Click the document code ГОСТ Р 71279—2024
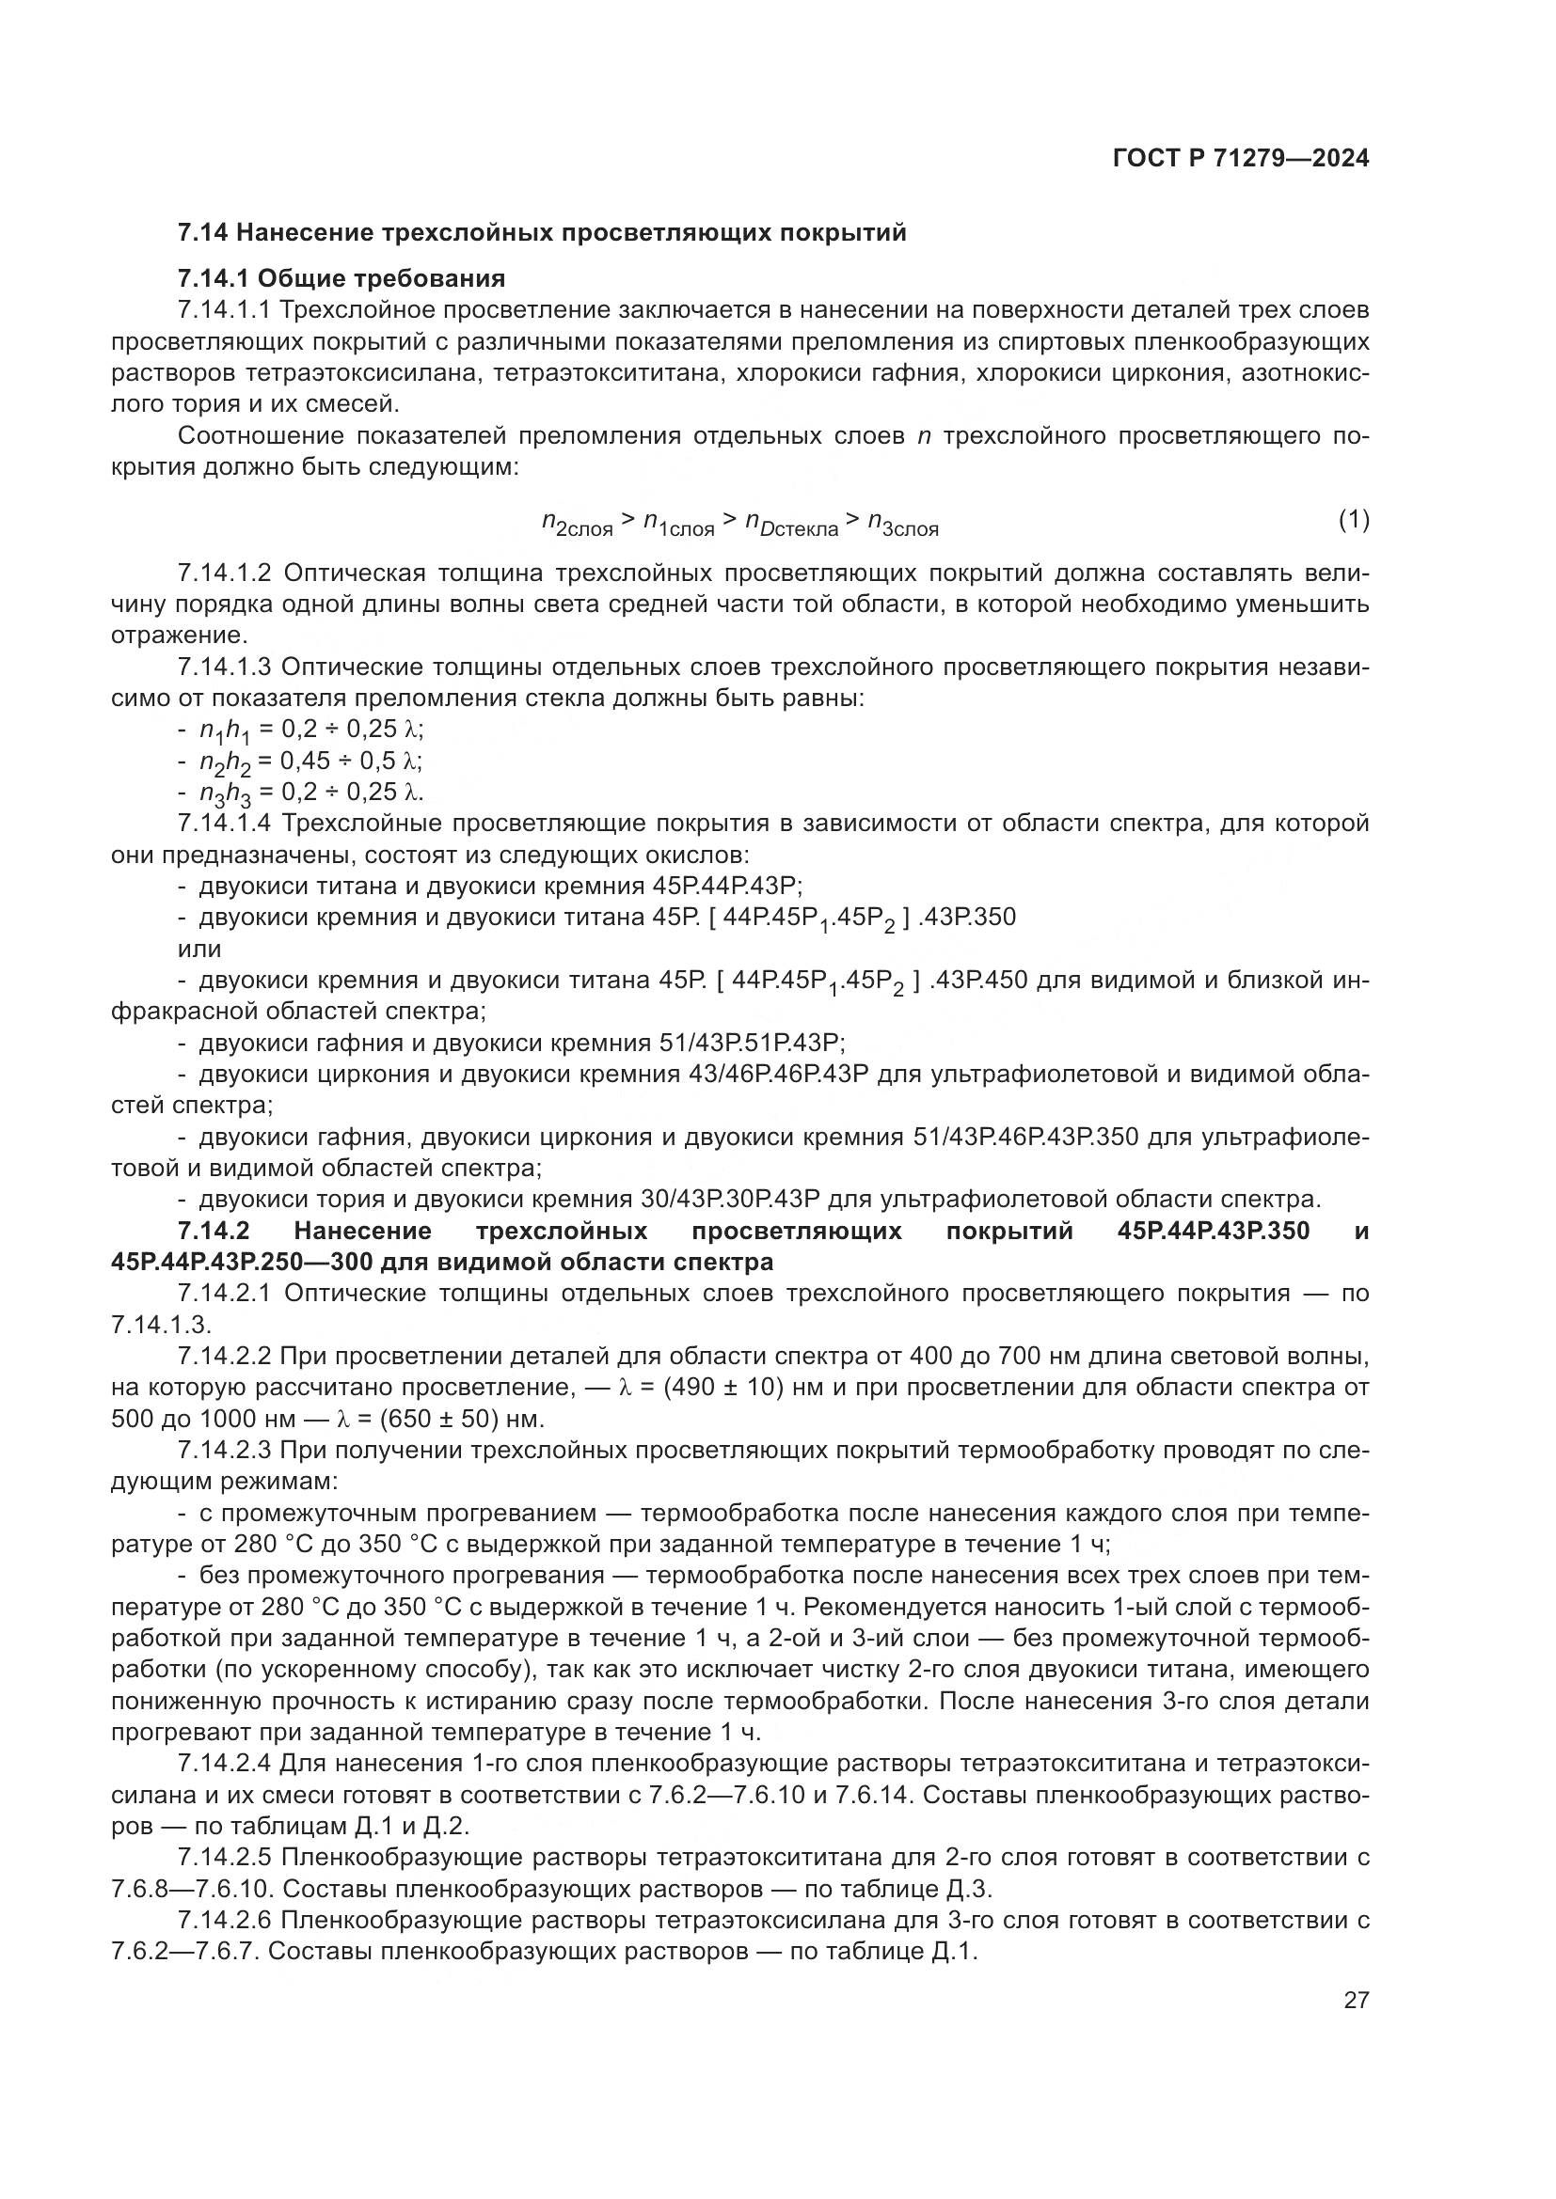coord(1241,159)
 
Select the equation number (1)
coord(1354,520)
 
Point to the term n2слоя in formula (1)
coord(577,524)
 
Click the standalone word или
coord(199,950)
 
